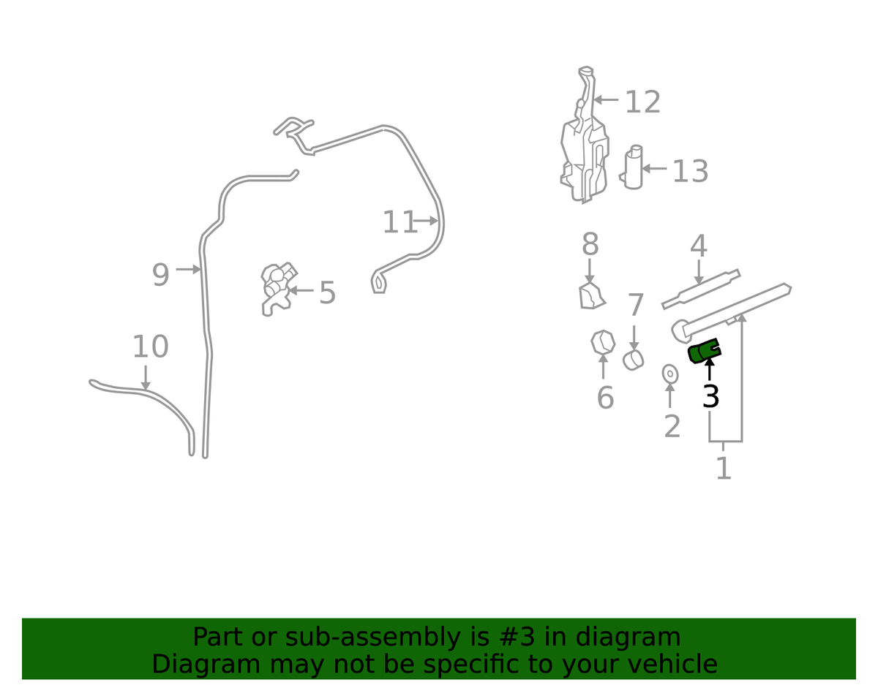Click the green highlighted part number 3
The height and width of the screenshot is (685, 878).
705,351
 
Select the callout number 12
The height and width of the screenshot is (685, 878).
643,102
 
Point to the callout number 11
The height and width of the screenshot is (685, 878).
399,222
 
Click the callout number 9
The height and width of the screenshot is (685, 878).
160,275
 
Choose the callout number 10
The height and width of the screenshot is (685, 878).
150,347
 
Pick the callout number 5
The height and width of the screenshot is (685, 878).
327,292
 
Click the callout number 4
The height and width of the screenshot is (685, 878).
699,246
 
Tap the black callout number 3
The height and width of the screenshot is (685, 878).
710,396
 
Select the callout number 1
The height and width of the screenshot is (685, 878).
724,468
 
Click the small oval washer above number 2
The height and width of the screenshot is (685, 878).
670,374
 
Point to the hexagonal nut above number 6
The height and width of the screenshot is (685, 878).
603,342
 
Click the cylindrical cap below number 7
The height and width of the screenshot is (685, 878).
633,360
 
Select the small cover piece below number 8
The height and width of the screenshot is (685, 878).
592,296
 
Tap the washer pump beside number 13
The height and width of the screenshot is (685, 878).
633,167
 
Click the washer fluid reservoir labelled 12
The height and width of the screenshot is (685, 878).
585,135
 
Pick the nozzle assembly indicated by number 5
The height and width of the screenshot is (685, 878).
279,288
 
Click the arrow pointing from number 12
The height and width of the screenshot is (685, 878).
606,99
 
